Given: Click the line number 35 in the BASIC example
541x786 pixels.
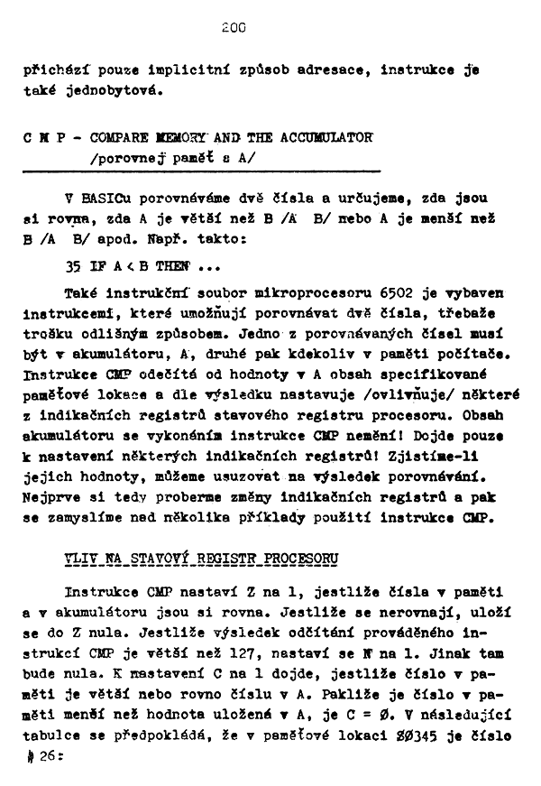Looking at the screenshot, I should tap(73, 267).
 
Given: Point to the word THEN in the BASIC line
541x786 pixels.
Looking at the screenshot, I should tap(173, 267).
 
